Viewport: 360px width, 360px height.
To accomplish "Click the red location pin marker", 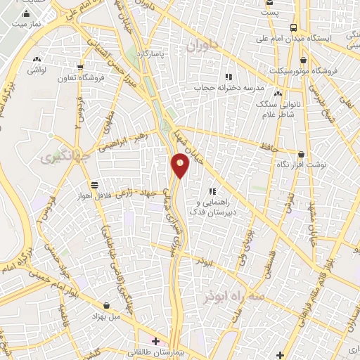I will click(181, 165).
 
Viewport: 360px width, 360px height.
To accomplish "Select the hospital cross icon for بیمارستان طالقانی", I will click(155, 342).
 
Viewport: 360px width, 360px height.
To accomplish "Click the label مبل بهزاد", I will click(106, 316).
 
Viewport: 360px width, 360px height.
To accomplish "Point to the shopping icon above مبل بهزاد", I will click(106, 306).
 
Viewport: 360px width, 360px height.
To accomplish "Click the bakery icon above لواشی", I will click(37, 60).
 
